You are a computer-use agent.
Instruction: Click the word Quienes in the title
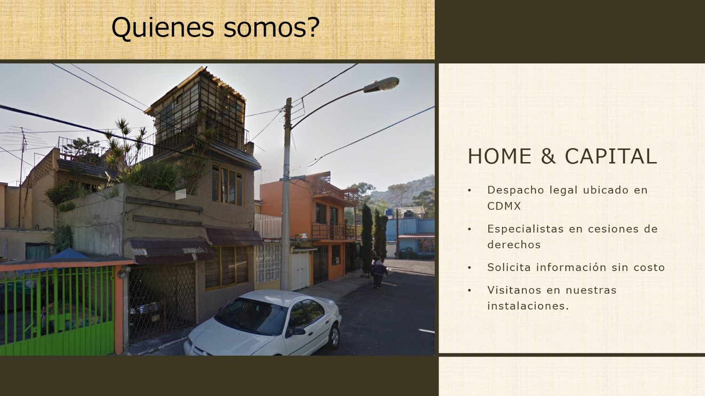(163, 28)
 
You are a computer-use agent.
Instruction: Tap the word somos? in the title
(272, 28)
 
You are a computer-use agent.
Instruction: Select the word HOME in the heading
(500, 156)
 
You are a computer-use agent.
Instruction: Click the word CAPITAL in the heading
(611, 156)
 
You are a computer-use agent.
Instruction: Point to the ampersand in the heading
(548, 156)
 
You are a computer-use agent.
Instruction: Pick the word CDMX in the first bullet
(504, 206)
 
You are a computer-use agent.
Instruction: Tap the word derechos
(514, 244)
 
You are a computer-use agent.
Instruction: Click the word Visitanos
(515, 290)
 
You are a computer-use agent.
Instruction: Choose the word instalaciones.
(528, 306)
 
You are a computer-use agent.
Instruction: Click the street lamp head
(381, 85)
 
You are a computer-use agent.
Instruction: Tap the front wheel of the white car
(334, 336)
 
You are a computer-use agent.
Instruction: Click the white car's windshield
(251, 316)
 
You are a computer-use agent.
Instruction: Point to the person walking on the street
(379, 274)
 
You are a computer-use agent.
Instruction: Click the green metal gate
(57, 311)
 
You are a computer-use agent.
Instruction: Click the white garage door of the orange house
(300, 271)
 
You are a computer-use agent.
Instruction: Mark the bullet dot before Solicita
(470, 268)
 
